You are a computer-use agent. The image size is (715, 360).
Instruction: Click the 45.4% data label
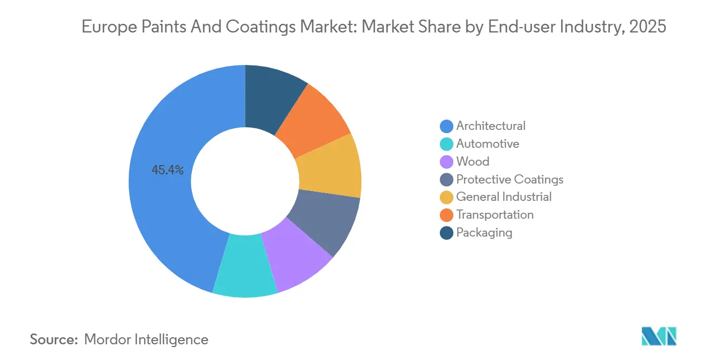point(167,171)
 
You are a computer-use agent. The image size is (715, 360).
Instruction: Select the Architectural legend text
point(491,126)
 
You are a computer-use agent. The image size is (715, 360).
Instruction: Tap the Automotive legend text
point(487,144)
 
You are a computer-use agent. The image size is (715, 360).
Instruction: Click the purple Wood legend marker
point(447,162)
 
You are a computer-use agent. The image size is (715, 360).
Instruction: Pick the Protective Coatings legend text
point(510,180)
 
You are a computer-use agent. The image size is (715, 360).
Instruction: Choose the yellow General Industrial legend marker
point(447,197)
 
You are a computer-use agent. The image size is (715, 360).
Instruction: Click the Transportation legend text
point(495,215)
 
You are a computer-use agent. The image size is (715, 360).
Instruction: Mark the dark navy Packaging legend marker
point(447,233)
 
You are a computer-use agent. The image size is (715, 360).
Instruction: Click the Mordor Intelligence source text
point(146,339)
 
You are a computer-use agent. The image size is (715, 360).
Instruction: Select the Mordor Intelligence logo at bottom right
point(659,336)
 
